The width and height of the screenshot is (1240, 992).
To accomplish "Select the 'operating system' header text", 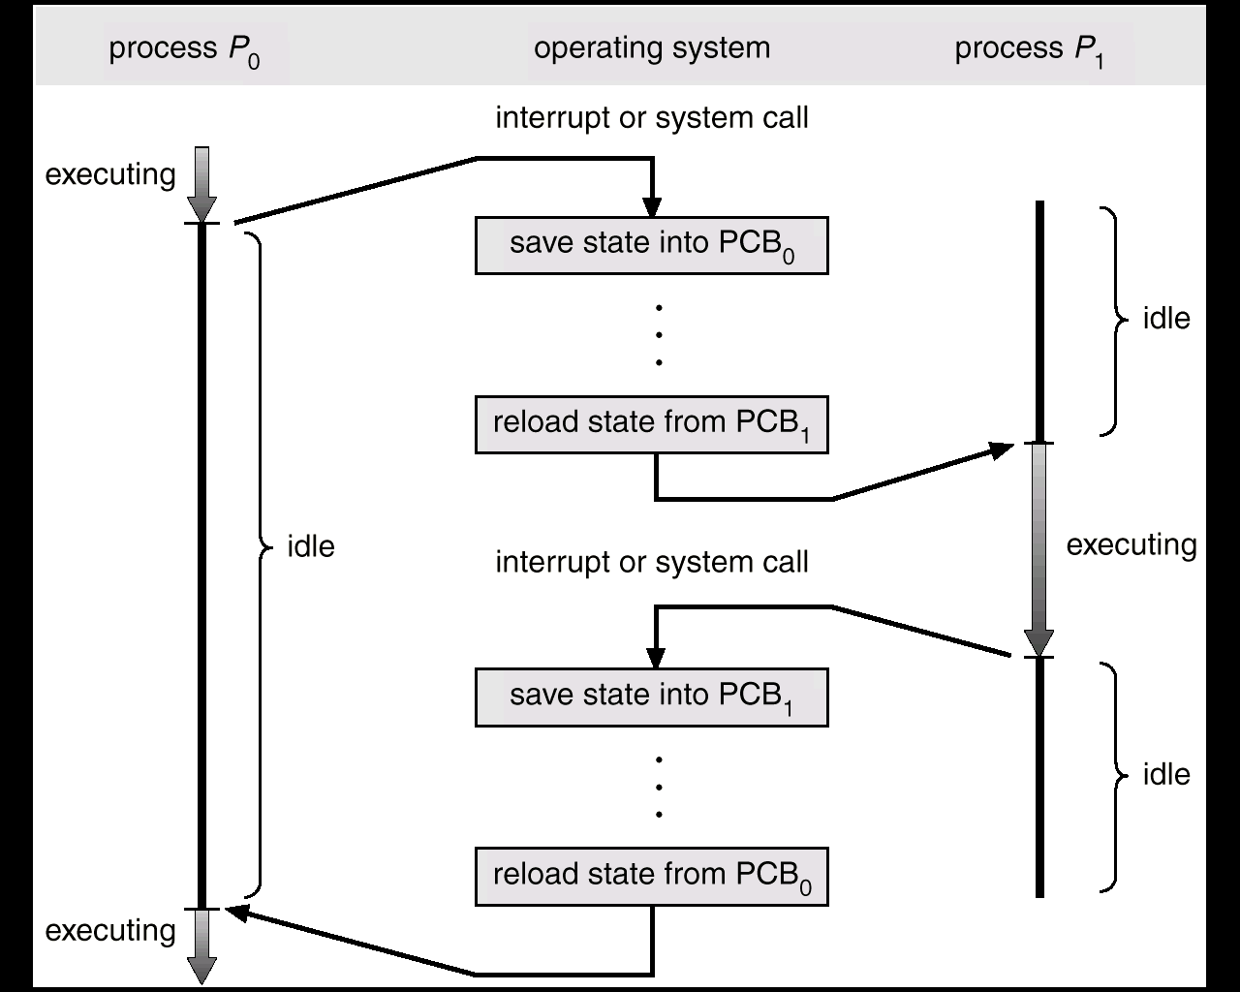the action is coord(652,49).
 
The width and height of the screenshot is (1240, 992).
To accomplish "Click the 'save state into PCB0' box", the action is coord(652,245).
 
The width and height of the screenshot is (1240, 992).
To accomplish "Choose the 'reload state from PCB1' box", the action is coord(652,425).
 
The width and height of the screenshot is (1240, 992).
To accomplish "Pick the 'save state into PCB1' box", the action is coord(652,697).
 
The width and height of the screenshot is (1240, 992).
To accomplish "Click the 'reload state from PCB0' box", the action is coord(652,877).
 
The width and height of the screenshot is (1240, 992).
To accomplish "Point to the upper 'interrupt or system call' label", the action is coord(652,119).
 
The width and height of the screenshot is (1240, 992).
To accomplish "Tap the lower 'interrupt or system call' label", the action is coord(652,563).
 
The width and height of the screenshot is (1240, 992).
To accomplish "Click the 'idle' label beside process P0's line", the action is coord(311,546).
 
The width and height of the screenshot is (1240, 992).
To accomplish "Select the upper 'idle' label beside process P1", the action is coord(1166,319).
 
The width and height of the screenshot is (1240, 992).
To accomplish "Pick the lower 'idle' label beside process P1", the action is coord(1166,775).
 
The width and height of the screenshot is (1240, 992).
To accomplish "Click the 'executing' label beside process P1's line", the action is coord(1131,545).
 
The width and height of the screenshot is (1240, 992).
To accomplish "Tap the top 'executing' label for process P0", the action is coord(110,175).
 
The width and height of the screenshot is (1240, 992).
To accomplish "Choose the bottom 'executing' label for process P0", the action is coord(110,931).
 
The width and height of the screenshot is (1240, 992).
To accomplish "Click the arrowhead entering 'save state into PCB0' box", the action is coord(652,207).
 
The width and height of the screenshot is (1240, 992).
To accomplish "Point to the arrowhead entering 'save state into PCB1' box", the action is coord(656,658).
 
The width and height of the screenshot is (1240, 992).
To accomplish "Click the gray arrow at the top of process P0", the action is coord(201,184).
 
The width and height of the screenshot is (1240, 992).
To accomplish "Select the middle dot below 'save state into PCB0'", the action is coord(659,335).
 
